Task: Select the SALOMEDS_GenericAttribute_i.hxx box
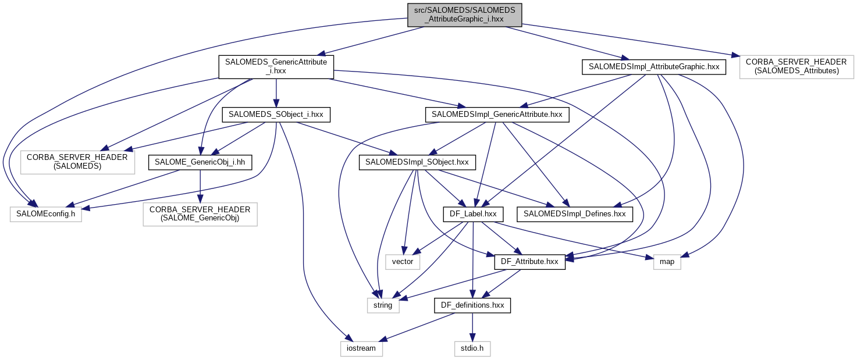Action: tap(275, 67)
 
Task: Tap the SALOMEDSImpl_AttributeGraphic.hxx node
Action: tap(654, 67)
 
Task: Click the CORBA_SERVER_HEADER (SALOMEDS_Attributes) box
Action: tap(796, 67)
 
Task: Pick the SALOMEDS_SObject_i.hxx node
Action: tap(276, 115)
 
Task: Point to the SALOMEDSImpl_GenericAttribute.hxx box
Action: tap(497, 115)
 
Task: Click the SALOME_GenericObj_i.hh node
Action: tap(200, 162)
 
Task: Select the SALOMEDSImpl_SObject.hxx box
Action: tap(417, 162)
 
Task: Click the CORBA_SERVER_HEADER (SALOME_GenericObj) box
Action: tap(200, 214)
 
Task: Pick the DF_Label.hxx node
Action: tap(472, 214)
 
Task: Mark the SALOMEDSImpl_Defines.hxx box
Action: tap(574, 214)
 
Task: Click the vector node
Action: tap(403, 262)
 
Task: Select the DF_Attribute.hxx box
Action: tap(529, 262)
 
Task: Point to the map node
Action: tap(667, 262)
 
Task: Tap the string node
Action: tap(383, 305)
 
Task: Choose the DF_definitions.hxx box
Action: tap(472, 305)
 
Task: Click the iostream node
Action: tap(361, 348)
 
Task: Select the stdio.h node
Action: tap(472, 348)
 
